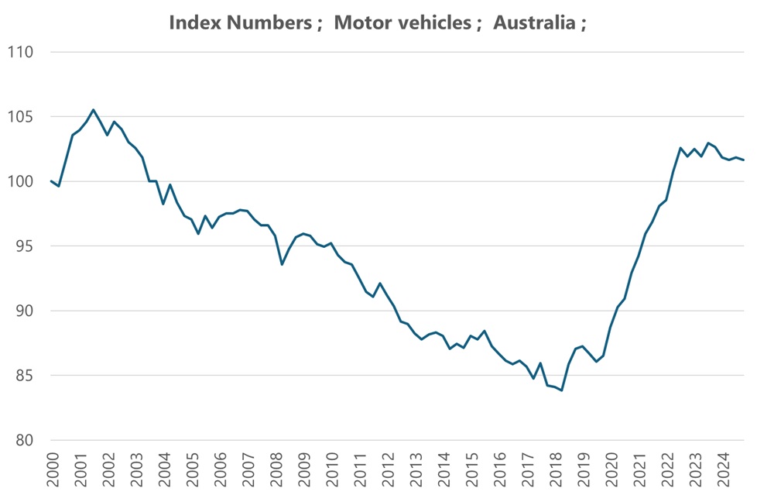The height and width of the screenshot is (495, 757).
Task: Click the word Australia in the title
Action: coord(533,22)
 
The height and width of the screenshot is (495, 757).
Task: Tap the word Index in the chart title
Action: coord(193,22)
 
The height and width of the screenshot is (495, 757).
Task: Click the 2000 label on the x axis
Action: coord(53,470)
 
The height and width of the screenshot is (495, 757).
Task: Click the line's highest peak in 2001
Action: coord(94,110)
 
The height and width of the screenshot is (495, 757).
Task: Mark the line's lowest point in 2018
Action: coord(562,390)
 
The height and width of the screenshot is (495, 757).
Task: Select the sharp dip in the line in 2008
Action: coord(282,264)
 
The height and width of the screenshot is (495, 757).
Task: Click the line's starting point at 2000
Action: coord(51,181)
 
